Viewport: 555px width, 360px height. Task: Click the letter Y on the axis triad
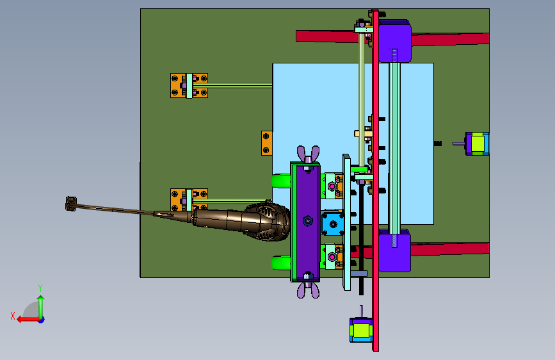click(40, 288)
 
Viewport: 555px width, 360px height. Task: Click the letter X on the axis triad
click(13, 316)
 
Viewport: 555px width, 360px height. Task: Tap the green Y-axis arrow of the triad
click(41, 307)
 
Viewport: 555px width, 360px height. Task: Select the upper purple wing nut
click(308, 154)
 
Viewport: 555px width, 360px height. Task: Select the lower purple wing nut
click(308, 290)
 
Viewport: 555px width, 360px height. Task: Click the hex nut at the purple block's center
click(307, 221)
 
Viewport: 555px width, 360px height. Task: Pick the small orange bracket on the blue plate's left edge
click(267, 143)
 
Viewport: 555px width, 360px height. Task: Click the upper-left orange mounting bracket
click(189, 85)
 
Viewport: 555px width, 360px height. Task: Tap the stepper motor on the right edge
click(477, 143)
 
